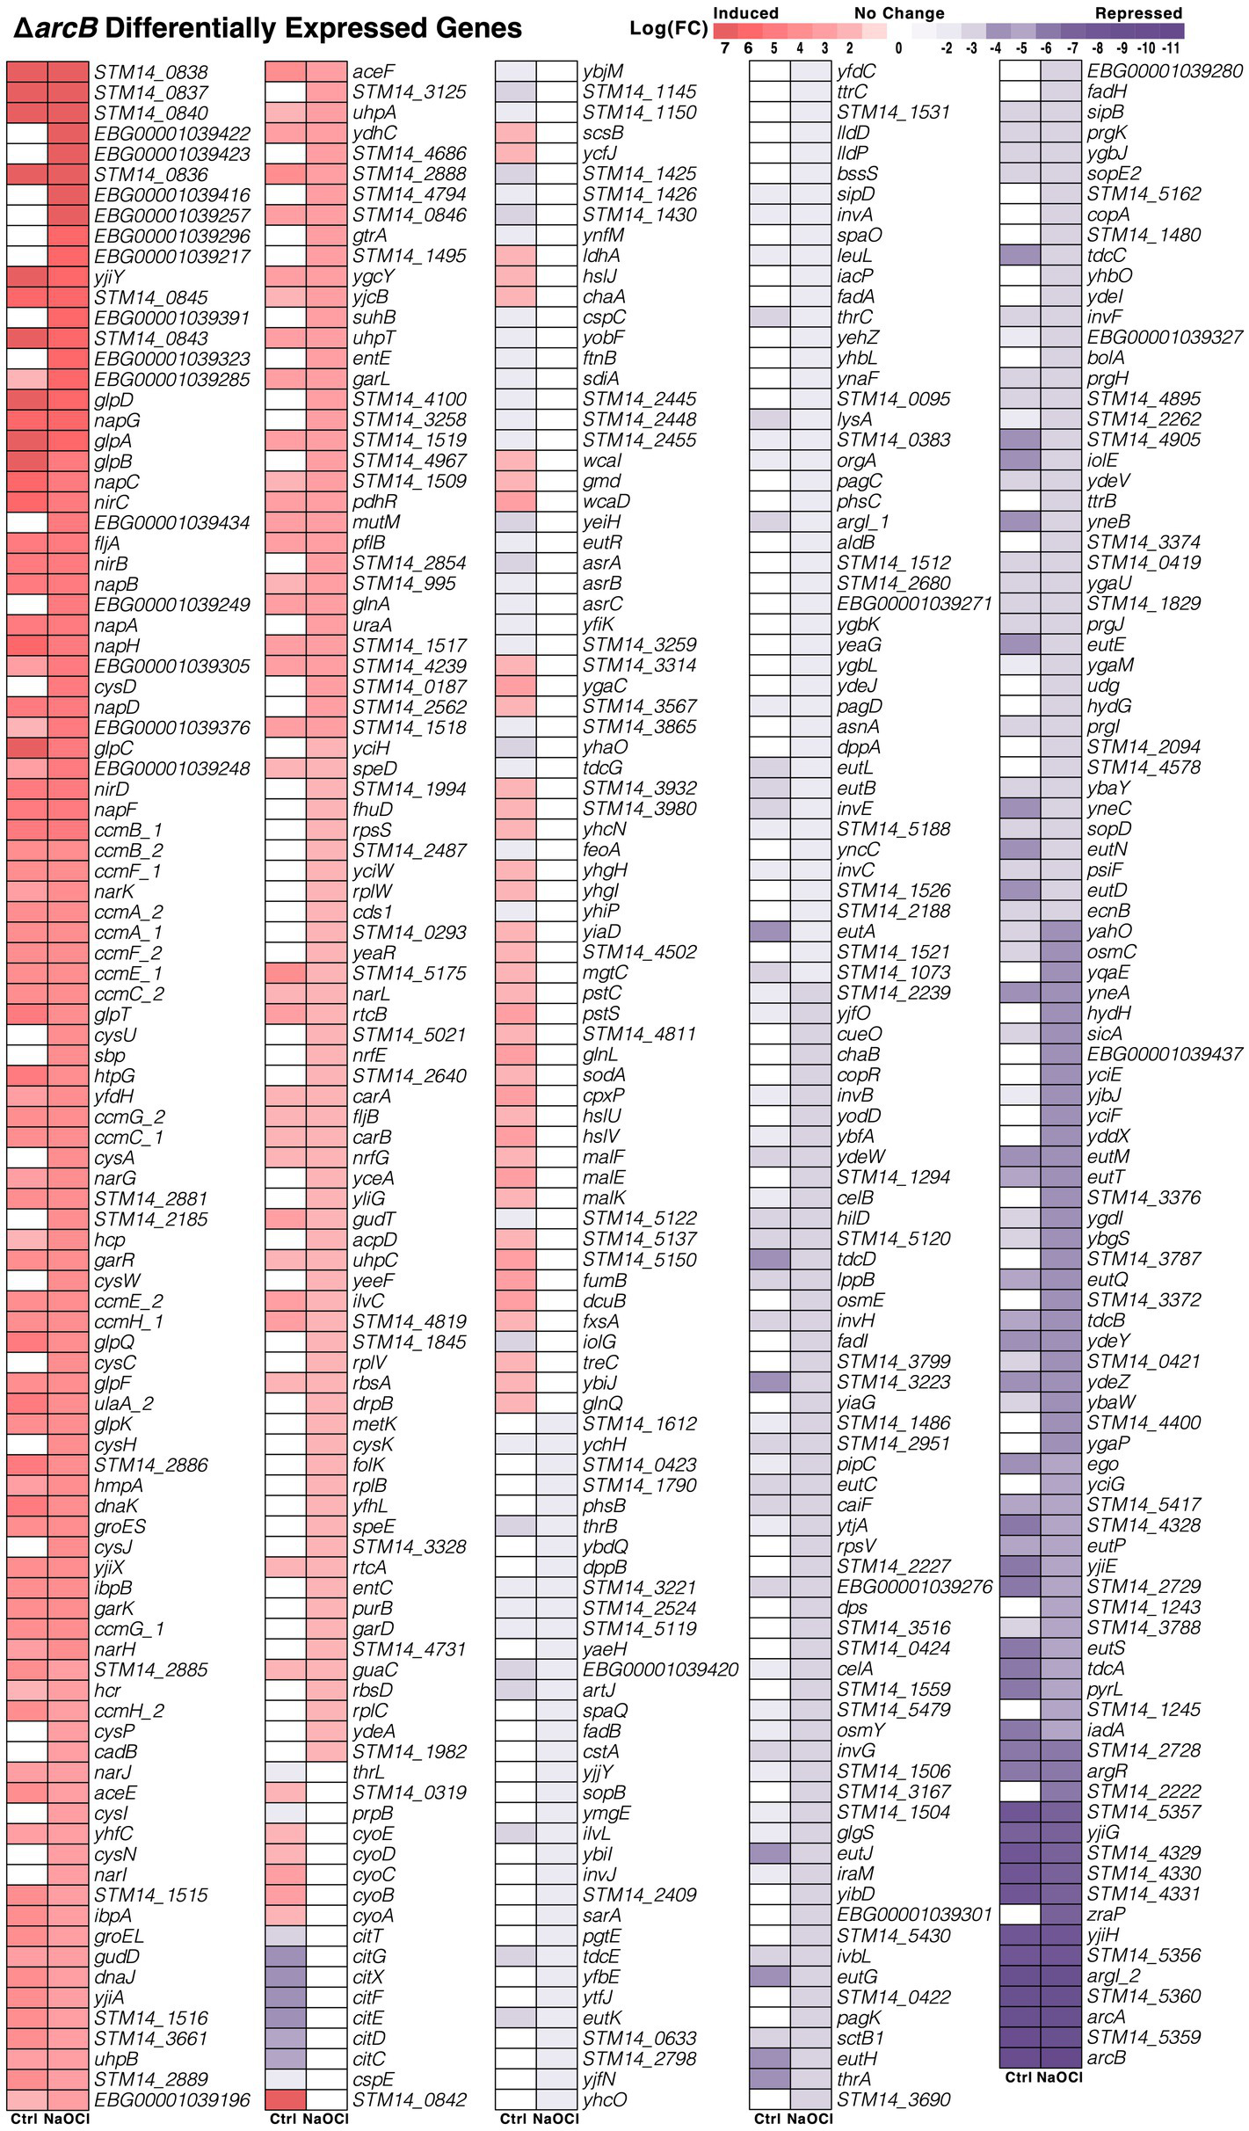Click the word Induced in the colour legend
click(745, 13)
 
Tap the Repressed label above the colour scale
click(1138, 13)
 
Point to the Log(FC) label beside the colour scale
click(668, 29)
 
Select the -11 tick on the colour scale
click(1171, 48)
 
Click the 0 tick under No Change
click(898, 48)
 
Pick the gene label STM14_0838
click(150, 72)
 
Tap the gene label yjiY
click(110, 277)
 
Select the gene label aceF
click(374, 72)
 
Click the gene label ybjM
click(603, 71)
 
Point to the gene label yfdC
click(856, 71)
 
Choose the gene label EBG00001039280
click(1165, 71)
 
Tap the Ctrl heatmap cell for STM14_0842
click(286, 2100)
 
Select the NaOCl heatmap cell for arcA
click(1061, 2017)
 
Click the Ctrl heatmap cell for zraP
click(1020, 1915)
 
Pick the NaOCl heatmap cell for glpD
click(69, 400)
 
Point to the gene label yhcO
click(605, 2100)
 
